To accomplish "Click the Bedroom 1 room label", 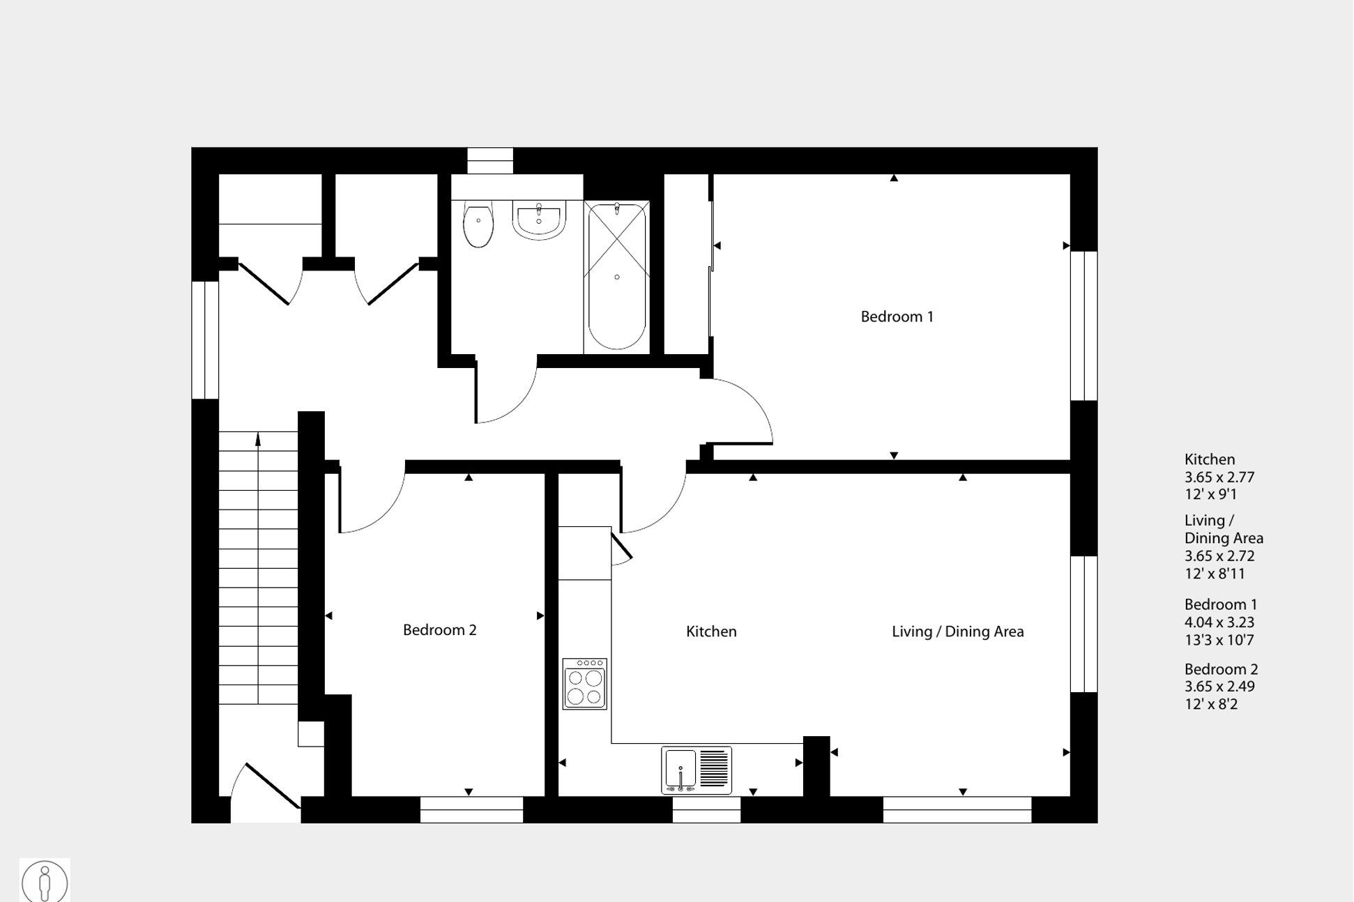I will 897,317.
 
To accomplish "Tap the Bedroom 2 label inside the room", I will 439,630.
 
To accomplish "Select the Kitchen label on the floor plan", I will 711,632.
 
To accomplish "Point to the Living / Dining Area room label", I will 957,632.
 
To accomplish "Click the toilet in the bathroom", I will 478,226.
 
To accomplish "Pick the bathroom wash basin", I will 539,220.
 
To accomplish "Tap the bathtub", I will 617,277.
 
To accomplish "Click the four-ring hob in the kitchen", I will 585,684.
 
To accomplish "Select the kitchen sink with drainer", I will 697,770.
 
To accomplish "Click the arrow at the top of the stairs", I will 258,439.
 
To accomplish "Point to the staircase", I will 258,568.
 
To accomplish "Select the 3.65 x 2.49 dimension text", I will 1219,687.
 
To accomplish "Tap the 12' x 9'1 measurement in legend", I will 1210,495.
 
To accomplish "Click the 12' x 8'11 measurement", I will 1215,574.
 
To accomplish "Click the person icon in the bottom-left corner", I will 45,881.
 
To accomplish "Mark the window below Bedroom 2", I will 471,810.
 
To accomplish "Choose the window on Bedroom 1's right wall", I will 1083,326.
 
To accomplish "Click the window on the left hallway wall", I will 205,340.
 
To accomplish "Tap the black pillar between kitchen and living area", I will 816,766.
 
